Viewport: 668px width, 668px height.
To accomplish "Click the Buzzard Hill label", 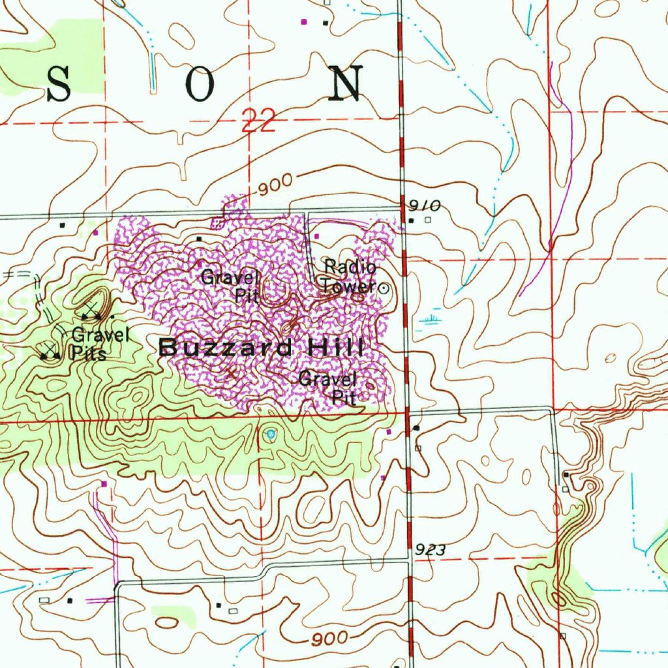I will pyautogui.click(x=261, y=347).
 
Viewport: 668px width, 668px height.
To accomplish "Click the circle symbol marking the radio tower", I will pyautogui.click(x=384, y=287).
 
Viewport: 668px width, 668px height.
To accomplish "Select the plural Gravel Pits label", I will pyautogui.click(x=100, y=344).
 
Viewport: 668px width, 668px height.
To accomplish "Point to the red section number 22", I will pyautogui.click(x=258, y=121).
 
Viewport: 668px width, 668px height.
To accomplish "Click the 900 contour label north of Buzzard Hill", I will pyautogui.click(x=275, y=187).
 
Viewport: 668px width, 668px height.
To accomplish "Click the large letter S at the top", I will pyautogui.click(x=58, y=84).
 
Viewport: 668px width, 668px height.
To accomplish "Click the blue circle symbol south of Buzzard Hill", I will pyautogui.click(x=271, y=433).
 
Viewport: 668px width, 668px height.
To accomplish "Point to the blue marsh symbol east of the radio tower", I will pyautogui.click(x=431, y=320).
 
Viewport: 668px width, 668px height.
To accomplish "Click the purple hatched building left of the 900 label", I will pyautogui.click(x=218, y=222).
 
